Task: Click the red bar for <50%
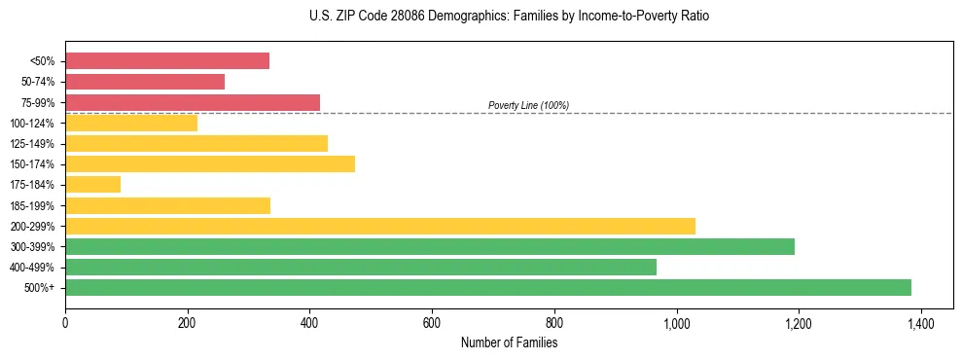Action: pyautogui.click(x=166, y=61)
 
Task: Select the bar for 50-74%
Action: pyautogui.click(x=145, y=82)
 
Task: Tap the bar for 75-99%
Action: pyautogui.click(x=192, y=102)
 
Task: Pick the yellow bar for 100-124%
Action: pyautogui.click(x=131, y=123)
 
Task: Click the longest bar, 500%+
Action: pyautogui.click(x=487, y=287)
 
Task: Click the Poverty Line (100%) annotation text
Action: pyautogui.click(x=528, y=105)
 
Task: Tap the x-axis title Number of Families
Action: pyautogui.click(x=509, y=342)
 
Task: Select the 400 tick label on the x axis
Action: pyautogui.click(x=309, y=323)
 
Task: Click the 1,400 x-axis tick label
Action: pyautogui.click(x=920, y=323)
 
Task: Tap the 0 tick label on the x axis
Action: pyautogui.click(x=65, y=323)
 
